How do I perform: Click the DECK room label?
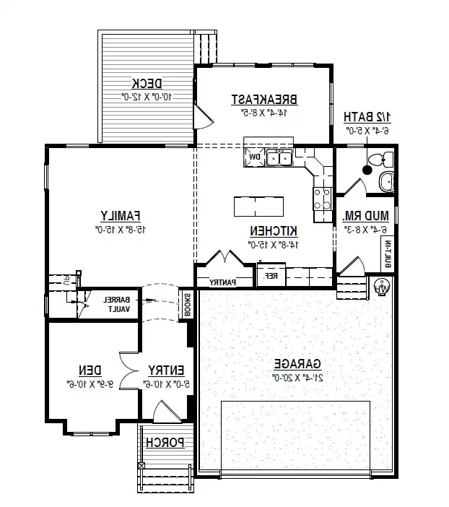[x=147, y=82]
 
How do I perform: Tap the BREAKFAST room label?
[x=264, y=99]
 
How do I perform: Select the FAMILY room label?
[x=120, y=215]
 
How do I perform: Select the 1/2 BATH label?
[x=367, y=116]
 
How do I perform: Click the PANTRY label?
[x=224, y=282]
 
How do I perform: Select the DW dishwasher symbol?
[x=254, y=157]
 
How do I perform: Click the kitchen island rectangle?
[x=258, y=207]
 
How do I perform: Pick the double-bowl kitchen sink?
[x=279, y=157]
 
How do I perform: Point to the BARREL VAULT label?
[x=118, y=303]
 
